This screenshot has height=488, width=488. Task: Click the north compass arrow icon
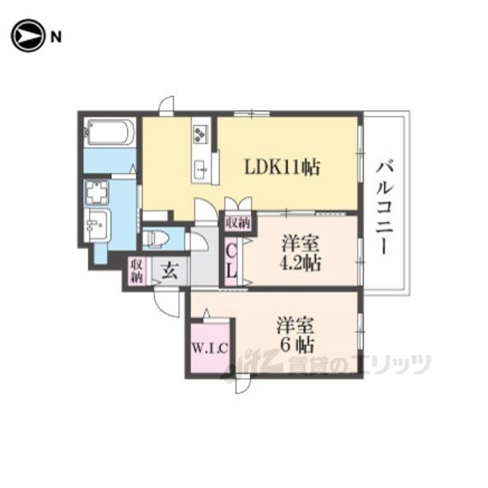pyautogui.click(x=27, y=36)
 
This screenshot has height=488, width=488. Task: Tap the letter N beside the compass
pyautogui.click(x=56, y=37)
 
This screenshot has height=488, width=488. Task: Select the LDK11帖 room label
pyautogui.click(x=282, y=167)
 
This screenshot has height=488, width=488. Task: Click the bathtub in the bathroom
pyautogui.click(x=110, y=132)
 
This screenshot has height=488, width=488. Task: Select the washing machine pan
pyautogui.click(x=97, y=192)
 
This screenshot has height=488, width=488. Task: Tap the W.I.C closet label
pyautogui.click(x=210, y=348)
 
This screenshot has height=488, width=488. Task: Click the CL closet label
pyautogui.click(x=231, y=262)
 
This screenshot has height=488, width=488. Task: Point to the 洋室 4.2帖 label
pyautogui.click(x=300, y=253)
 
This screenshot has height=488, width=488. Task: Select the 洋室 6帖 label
pyautogui.click(x=295, y=335)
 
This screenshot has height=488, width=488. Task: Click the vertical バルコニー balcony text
pyautogui.click(x=385, y=208)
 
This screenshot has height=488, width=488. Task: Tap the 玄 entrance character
pyautogui.click(x=170, y=271)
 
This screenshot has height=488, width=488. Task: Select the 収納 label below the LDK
pyautogui.click(x=239, y=223)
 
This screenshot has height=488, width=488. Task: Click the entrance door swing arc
pyautogui.click(x=168, y=303)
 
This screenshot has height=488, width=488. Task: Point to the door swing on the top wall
pyautogui.click(x=166, y=104)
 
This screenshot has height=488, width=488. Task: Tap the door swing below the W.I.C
pyautogui.click(x=242, y=385)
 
